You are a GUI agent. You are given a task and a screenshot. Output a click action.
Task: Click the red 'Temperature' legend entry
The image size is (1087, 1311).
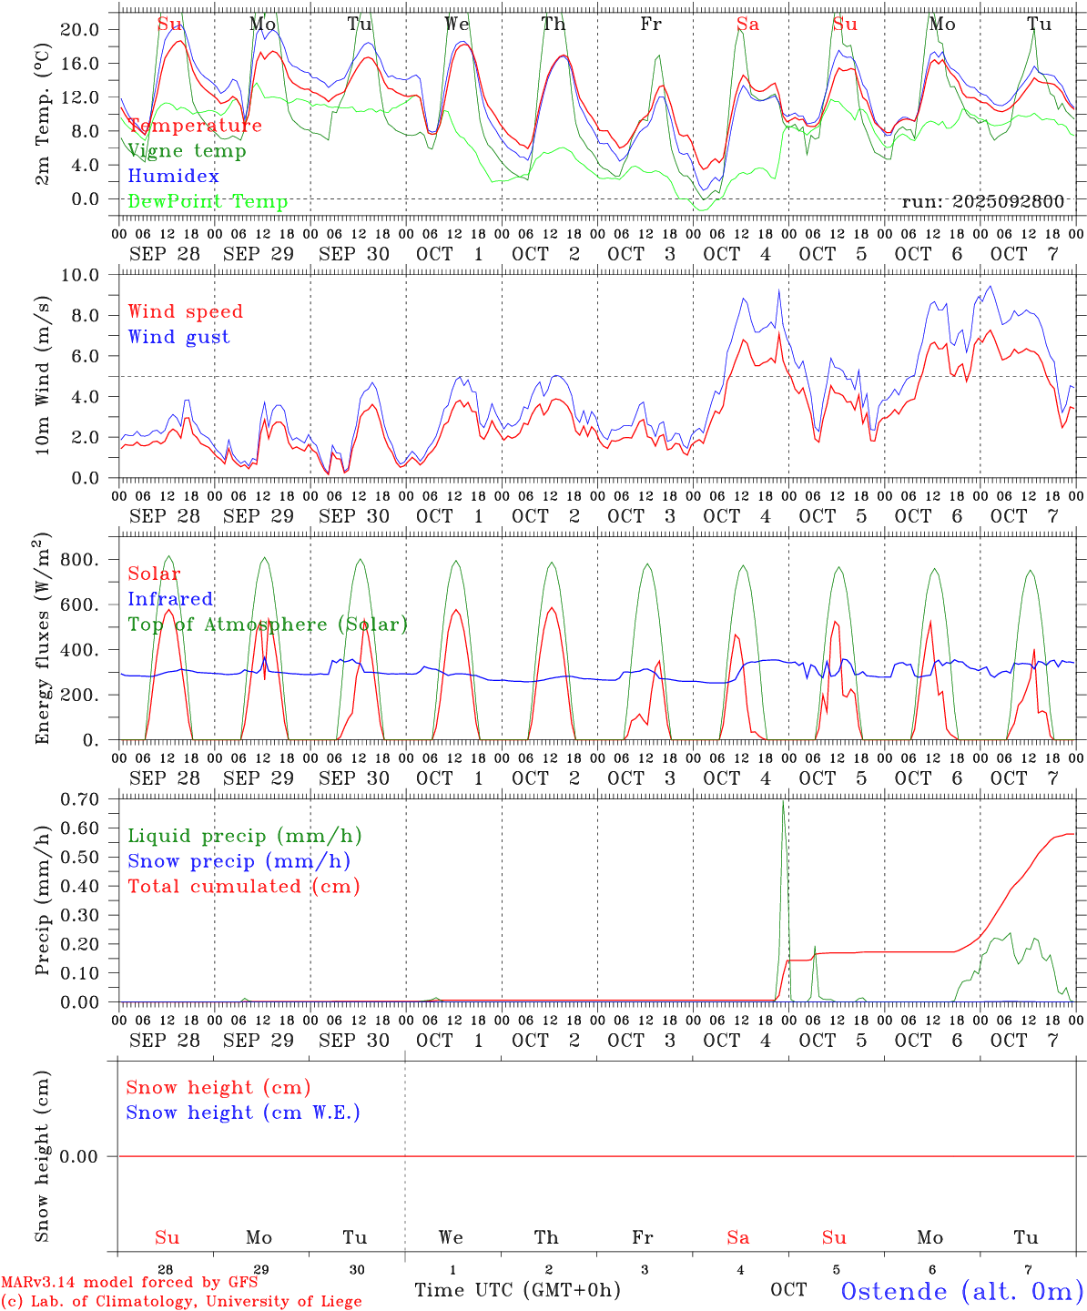click(x=194, y=126)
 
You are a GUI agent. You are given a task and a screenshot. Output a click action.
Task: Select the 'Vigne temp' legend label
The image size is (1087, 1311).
click(x=187, y=151)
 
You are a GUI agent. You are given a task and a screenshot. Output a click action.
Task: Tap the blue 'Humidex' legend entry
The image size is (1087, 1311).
click(x=173, y=177)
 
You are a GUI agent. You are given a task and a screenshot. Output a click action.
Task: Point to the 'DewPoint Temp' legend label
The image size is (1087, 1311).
click(x=208, y=202)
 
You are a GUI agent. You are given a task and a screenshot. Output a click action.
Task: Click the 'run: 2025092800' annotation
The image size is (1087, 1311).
click(x=982, y=202)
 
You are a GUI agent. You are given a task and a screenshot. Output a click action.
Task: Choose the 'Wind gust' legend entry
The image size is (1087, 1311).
click(x=178, y=337)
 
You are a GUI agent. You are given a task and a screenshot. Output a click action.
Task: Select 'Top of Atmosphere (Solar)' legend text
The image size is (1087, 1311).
click(x=268, y=625)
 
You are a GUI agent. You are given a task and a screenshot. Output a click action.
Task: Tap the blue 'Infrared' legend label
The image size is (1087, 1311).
click(x=170, y=599)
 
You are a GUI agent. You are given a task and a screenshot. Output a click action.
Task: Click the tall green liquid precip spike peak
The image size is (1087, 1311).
click(x=783, y=802)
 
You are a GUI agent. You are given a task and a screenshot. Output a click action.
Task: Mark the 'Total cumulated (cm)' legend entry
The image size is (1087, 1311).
click(x=243, y=887)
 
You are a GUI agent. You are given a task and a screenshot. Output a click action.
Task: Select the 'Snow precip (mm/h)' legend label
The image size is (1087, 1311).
click(x=239, y=861)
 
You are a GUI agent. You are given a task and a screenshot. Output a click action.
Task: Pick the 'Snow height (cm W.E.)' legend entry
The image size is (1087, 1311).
click(x=243, y=1113)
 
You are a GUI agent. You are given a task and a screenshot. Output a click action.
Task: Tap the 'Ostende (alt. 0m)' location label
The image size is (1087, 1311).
click(x=961, y=1291)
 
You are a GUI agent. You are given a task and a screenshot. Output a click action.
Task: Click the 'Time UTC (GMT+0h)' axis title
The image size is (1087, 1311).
click(x=517, y=1290)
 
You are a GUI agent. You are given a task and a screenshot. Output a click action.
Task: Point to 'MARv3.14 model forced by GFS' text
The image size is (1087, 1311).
click(x=128, y=1283)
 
